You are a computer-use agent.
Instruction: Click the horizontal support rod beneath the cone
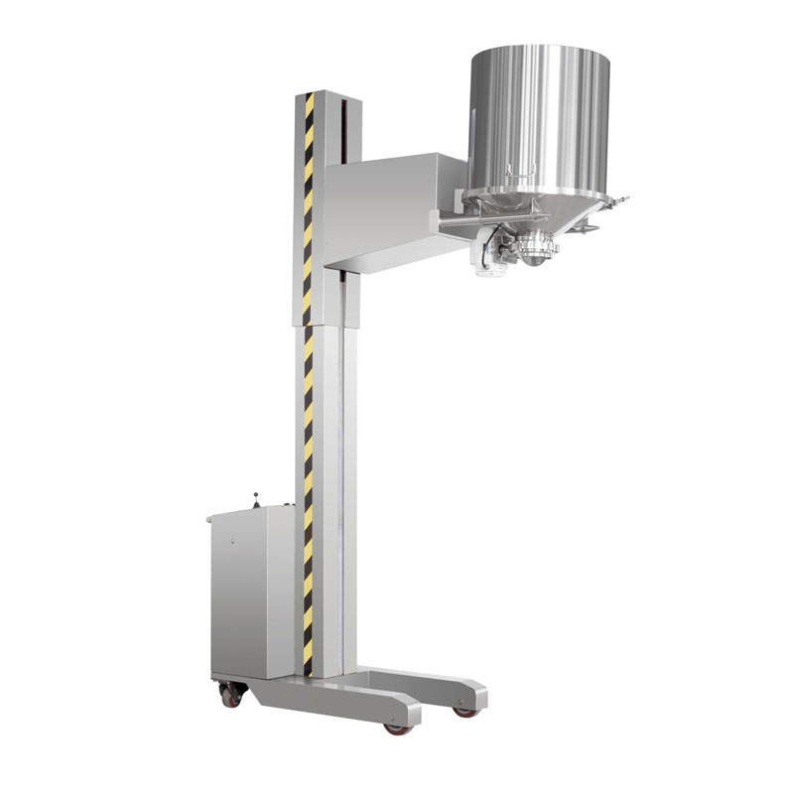(466, 229)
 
